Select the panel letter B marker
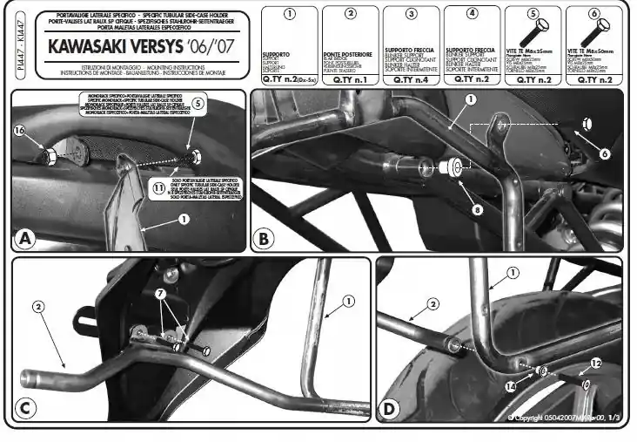(x=263, y=238)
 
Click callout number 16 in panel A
(x=20, y=132)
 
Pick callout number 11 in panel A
(x=158, y=187)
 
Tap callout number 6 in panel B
(x=604, y=153)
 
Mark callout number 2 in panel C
(x=38, y=306)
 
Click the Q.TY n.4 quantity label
(x=410, y=78)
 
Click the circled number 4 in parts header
(x=471, y=14)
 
